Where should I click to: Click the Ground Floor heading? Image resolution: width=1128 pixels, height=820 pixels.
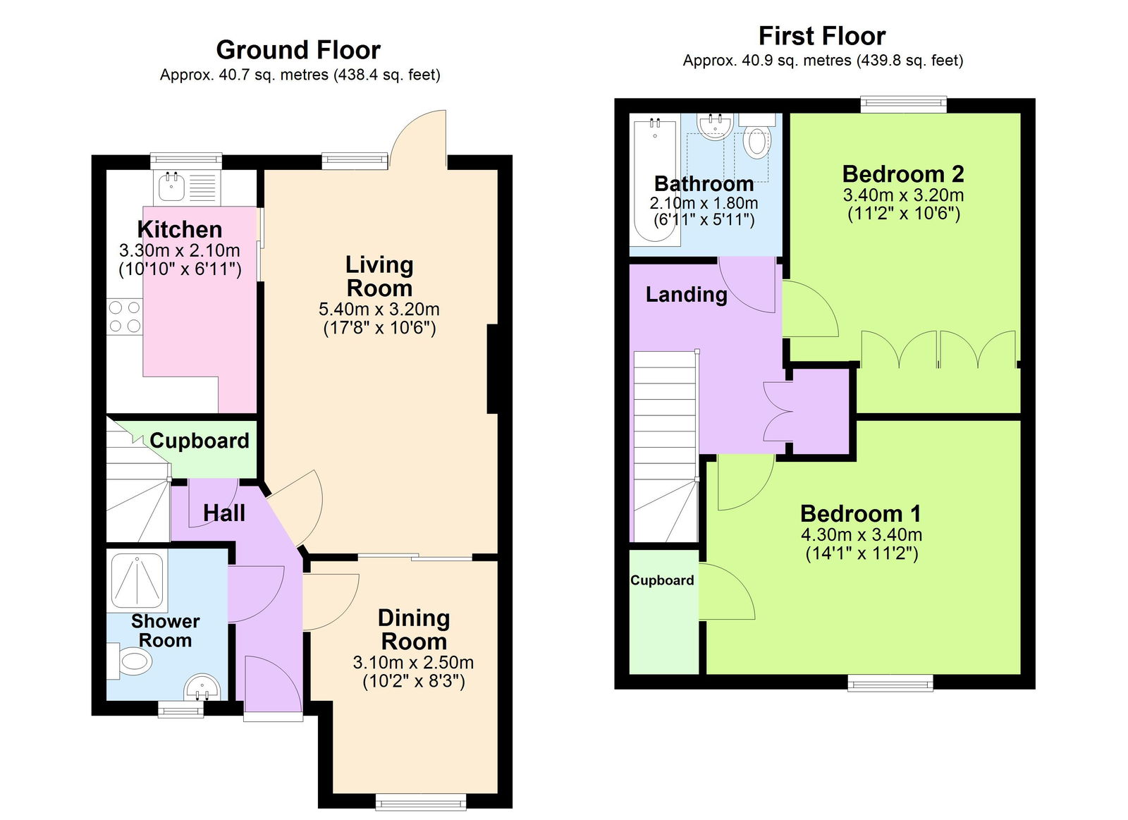[x=298, y=50]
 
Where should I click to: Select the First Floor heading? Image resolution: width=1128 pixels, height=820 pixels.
[x=821, y=36]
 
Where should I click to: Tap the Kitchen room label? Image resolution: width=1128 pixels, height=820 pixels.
[x=180, y=229]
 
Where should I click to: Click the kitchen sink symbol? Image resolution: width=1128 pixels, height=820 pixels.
[x=171, y=187]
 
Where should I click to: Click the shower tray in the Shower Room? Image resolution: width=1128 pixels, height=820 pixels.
[x=137, y=581]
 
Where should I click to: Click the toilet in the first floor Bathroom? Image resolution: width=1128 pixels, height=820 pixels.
[x=756, y=139]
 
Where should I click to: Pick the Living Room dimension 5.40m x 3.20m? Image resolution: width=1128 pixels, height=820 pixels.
[x=379, y=309]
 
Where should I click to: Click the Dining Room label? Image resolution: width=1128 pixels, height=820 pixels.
[x=414, y=630]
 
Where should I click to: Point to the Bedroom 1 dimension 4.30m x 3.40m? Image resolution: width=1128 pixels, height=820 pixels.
[x=861, y=534]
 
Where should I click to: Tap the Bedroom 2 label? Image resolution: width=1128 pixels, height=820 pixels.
[x=903, y=173]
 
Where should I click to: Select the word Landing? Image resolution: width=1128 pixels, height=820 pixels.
[x=686, y=294]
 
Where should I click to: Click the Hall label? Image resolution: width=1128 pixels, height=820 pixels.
[x=224, y=513]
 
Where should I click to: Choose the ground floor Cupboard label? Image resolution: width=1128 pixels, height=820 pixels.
[x=200, y=441]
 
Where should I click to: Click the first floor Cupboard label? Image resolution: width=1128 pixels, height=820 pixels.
[x=662, y=580]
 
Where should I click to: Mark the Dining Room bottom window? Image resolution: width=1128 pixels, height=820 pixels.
[x=421, y=801]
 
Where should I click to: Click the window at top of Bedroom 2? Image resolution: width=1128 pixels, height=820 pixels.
[x=903, y=104]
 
